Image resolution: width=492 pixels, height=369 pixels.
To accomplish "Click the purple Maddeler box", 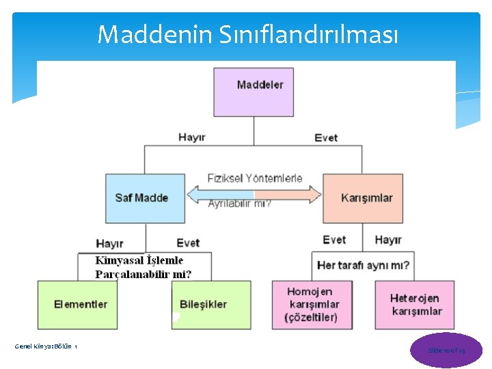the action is click(254, 92).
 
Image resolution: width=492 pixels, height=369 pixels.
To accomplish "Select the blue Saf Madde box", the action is click(145, 198).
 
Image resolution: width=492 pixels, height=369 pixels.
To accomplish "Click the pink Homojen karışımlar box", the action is click(312, 304).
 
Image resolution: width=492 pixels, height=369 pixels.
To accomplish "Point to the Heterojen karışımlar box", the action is click(415, 304).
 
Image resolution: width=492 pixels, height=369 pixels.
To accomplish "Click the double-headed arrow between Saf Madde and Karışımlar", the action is click(254, 195).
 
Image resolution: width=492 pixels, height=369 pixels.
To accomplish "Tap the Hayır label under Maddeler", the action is click(191, 137).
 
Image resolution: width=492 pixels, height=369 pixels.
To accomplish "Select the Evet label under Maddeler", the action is click(326, 137).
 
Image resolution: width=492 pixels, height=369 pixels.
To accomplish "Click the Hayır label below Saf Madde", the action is click(109, 243).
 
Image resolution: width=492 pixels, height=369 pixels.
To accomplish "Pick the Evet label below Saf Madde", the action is click(188, 243).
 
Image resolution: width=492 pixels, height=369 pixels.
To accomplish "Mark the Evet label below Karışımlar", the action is click(334, 240).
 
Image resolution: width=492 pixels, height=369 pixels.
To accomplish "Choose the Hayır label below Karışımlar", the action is click(388, 240).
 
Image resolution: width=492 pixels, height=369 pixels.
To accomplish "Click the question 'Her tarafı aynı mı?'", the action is click(364, 265).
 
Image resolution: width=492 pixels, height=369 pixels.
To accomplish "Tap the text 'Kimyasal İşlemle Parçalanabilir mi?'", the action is click(143, 267).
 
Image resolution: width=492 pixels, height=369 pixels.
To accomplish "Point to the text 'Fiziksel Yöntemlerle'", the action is click(255, 178).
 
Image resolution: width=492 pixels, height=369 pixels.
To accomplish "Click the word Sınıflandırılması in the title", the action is click(316, 34).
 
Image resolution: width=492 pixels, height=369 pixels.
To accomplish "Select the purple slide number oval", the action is click(446, 350).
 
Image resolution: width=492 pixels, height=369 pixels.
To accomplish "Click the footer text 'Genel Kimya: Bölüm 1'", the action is click(46, 347).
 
